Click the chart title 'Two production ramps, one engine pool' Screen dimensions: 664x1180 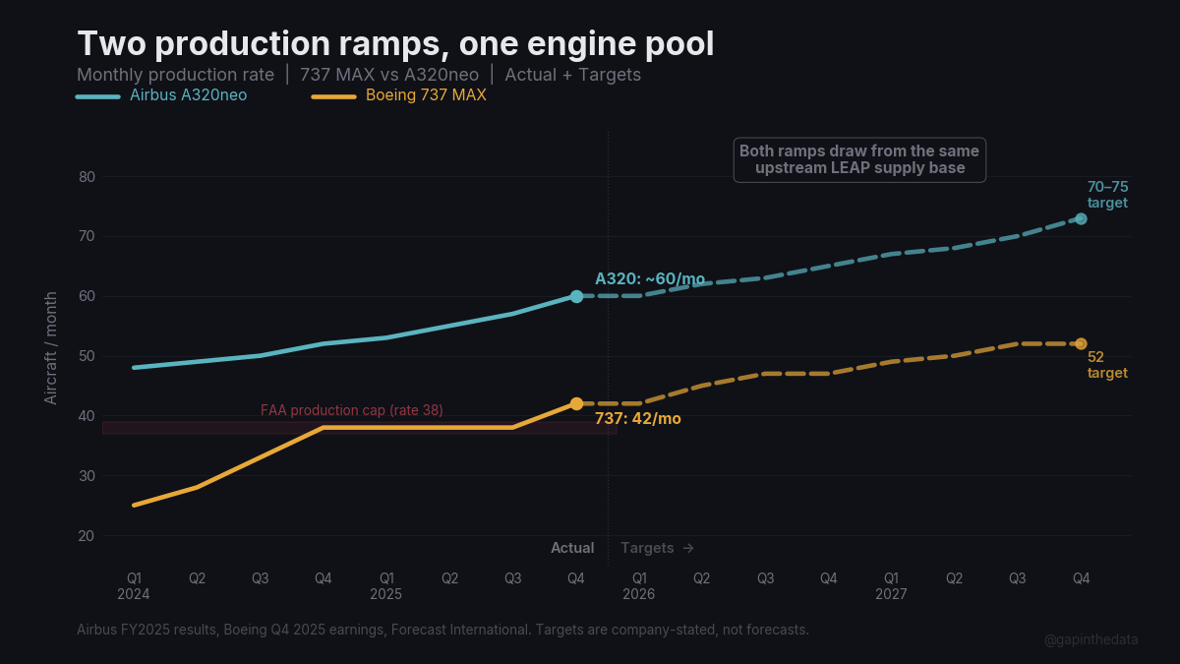[x=395, y=44]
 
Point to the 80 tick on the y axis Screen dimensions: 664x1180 [x=87, y=177]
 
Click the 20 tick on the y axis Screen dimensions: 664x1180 [x=87, y=536]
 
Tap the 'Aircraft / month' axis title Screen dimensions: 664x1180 [x=51, y=347]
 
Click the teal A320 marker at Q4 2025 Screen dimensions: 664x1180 [x=576, y=296]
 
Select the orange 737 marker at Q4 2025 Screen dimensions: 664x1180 [x=576, y=404]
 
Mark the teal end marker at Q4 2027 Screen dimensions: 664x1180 [x=1081, y=218]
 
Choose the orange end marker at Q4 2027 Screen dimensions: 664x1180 [x=1081, y=344]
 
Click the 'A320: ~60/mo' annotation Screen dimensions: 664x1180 [x=649, y=279]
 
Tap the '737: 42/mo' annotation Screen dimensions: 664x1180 [x=637, y=419]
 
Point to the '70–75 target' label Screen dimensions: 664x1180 [x=1107, y=195]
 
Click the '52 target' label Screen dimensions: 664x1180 [x=1107, y=365]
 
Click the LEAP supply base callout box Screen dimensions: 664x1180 [x=859, y=159]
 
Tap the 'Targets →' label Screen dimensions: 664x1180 [x=657, y=548]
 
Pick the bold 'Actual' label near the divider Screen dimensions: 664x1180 [x=572, y=548]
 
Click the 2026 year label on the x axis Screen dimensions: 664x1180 [x=638, y=594]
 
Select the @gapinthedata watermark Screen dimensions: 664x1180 [x=1091, y=639]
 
